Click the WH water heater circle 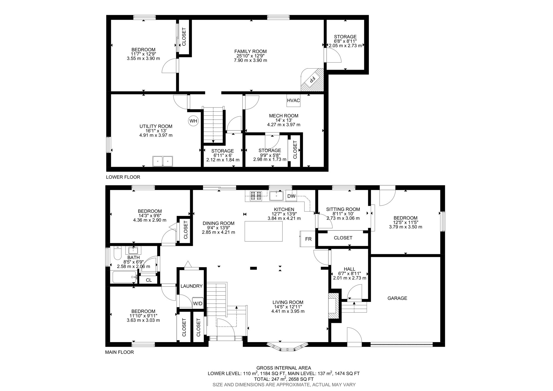(193, 121)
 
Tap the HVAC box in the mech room (293, 101)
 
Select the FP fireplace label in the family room (312, 80)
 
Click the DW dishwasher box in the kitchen (291, 196)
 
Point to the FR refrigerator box (308, 239)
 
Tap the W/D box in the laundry (197, 303)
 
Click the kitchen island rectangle (264, 231)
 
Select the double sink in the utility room (163, 161)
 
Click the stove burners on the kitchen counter (256, 196)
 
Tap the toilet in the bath (117, 253)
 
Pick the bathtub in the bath (124, 277)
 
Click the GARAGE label (397, 298)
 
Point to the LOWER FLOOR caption (123, 177)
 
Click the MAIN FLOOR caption (119, 352)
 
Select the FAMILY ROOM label (250, 51)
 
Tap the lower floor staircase (213, 125)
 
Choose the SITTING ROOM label (343, 209)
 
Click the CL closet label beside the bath (149, 280)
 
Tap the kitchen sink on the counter (276, 196)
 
